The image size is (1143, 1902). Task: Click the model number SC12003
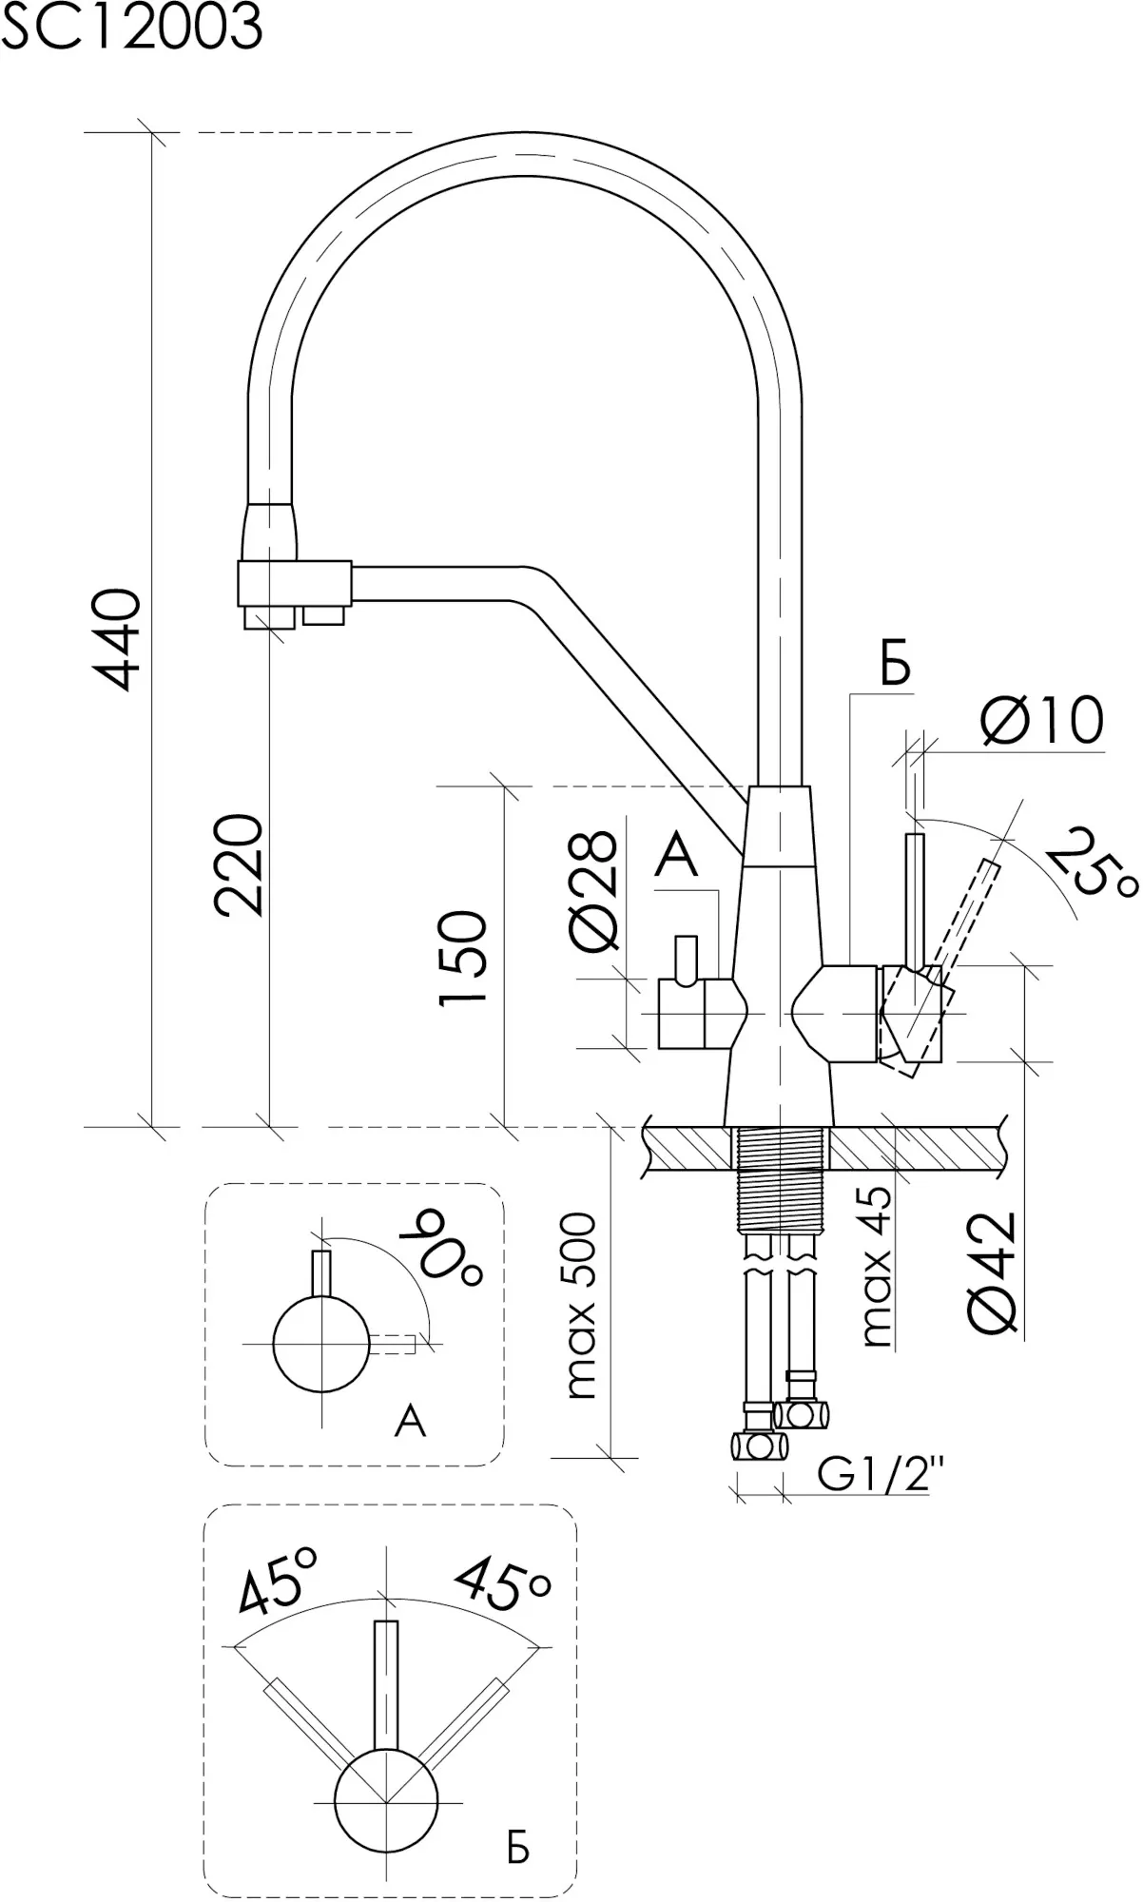(131, 29)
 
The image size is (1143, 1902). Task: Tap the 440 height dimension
(123, 638)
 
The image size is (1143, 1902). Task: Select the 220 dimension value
(238, 864)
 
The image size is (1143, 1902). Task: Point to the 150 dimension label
(463, 957)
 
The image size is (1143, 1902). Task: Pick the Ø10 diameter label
(1040, 720)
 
